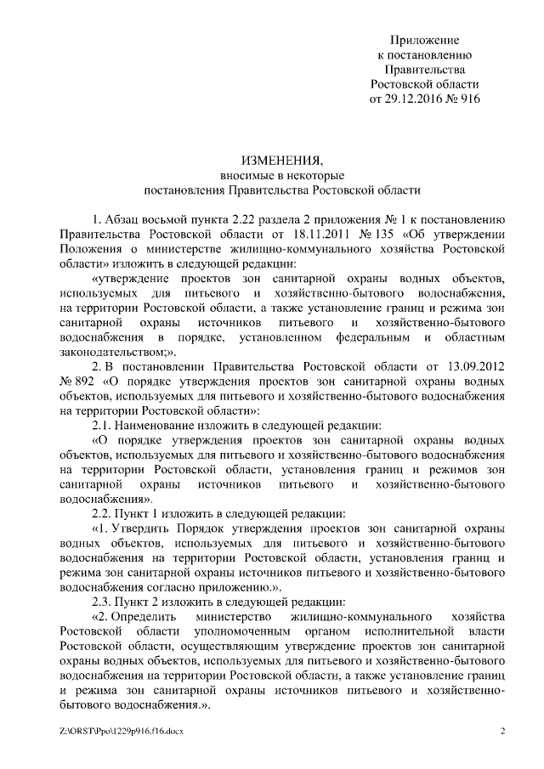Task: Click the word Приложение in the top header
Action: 425,40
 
